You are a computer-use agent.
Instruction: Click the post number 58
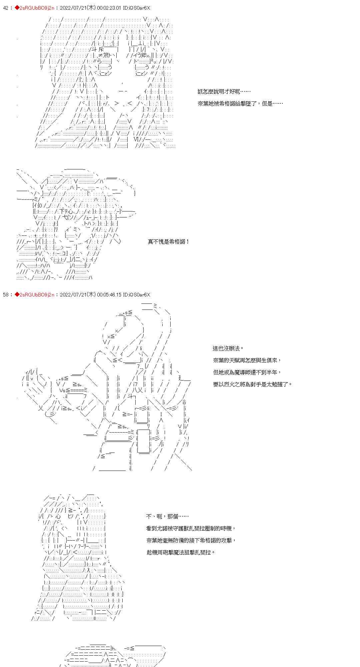(6, 294)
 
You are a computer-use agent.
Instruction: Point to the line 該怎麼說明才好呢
(224, 91)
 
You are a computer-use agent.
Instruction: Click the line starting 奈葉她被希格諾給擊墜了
(240, 103)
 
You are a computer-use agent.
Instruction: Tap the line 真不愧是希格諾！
(169, 241)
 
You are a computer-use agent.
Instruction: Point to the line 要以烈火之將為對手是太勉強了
(252, 384)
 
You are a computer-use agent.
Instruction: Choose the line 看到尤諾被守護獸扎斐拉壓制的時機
(191, 528)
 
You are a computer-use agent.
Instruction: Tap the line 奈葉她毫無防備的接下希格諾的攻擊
(191, 540)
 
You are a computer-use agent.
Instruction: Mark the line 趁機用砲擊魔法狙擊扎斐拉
(181, 552)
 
